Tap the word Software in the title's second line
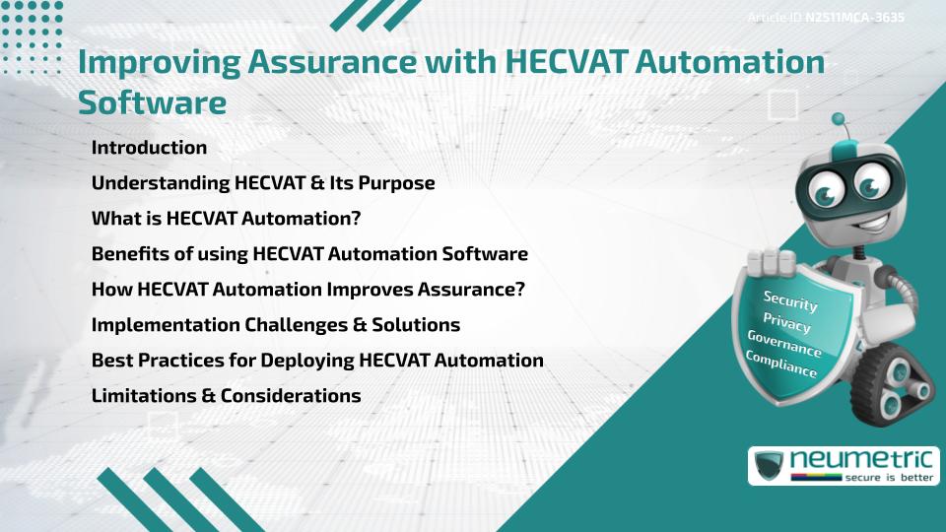click(x=152, y=102)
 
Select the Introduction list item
click(x=149, y=148)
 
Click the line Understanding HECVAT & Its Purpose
click(x=263, y=183)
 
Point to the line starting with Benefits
click(x=309, y=254)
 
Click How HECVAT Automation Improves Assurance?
click(x=307, y=290)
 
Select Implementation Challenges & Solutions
click(x=275, y=325)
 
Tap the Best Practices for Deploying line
click(x=317, y=361)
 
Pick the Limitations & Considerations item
click(x=226, y=396)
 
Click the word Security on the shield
click(x=790, y=300)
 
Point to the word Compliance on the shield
click(x=781, y=365)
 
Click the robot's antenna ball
click(x=839, y=120)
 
